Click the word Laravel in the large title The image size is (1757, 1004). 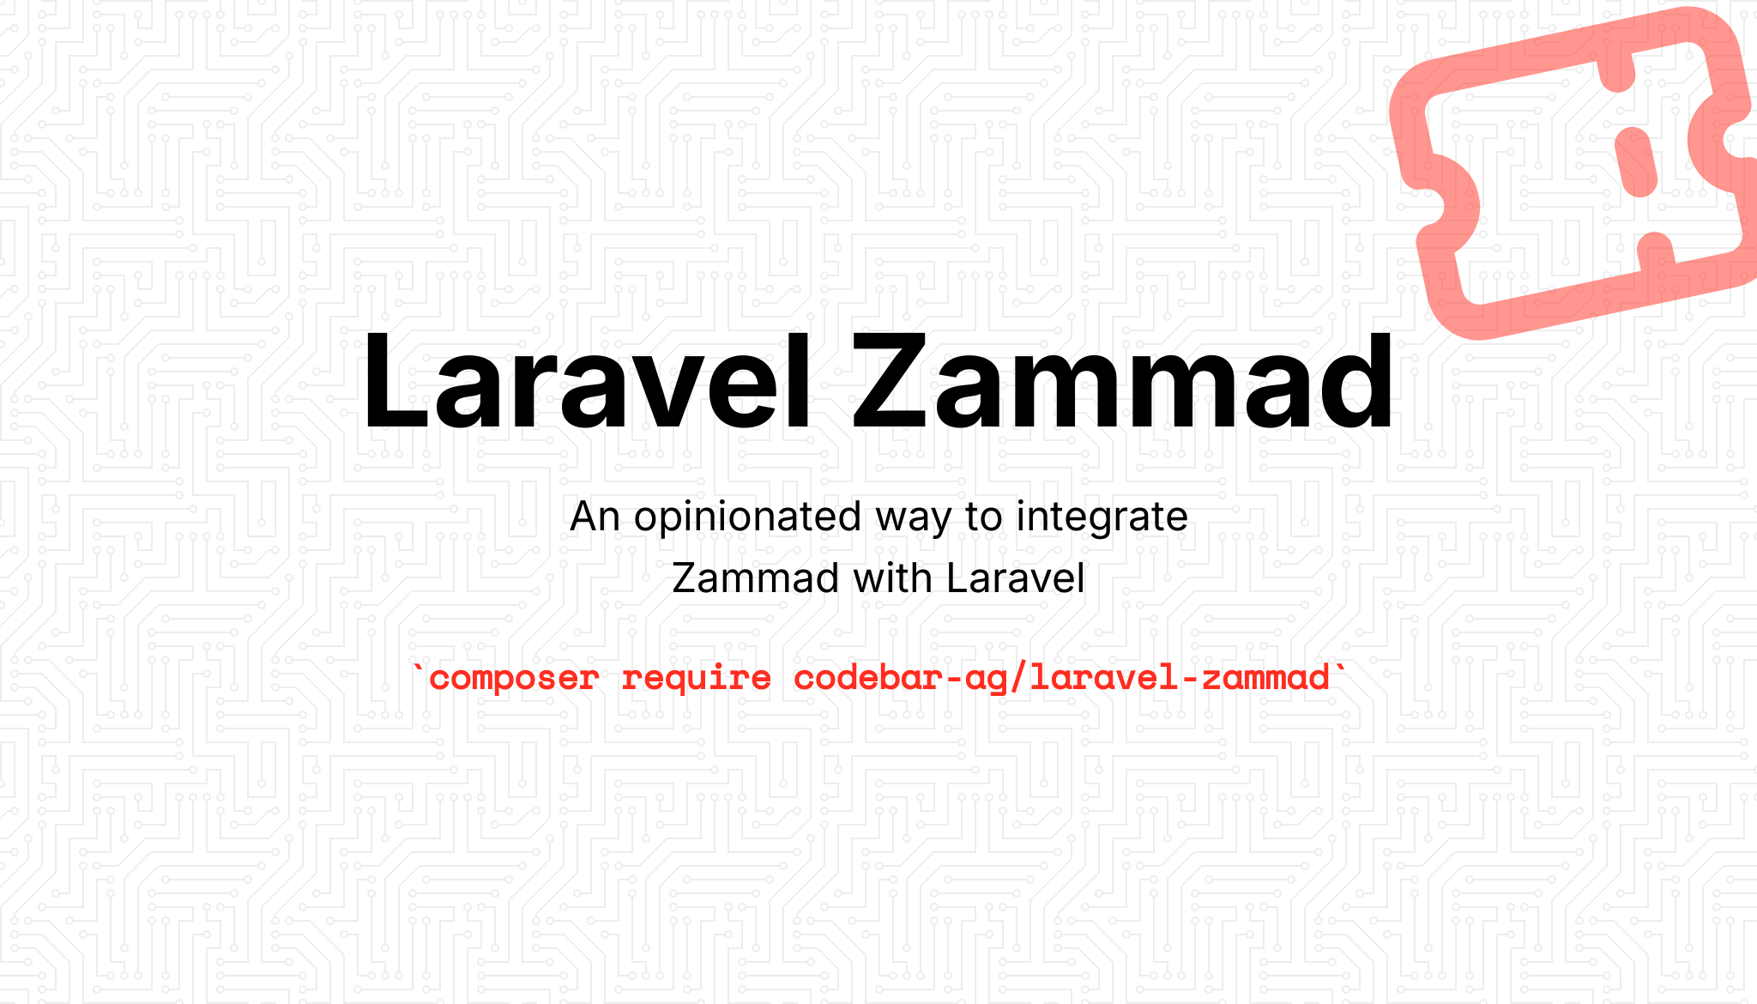[586, 379]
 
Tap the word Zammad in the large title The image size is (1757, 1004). [1122, 379]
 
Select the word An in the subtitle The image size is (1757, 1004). [595, 517]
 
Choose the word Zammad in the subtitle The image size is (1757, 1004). [755, 578]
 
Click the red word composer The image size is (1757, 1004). [513, 679]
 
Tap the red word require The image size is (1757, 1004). [696, 679]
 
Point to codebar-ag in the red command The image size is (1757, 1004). [900, 679]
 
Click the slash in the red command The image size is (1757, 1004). [1018, 678]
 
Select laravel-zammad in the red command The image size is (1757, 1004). [1180, 678]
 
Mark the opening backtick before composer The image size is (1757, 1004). [419, 668]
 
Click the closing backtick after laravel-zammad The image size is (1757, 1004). [1340, 668]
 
